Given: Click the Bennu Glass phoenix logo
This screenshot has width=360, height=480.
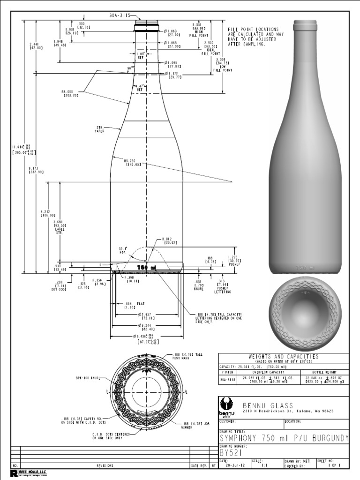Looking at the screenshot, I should (227, 406).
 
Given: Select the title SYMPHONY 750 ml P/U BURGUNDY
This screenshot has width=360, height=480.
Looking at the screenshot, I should (284, 438).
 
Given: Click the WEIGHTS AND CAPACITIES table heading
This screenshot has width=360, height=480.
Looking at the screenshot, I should (284, 357).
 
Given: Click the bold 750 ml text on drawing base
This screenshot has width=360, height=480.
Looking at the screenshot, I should (146, 267).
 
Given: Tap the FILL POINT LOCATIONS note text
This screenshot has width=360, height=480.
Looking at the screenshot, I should (253, 37).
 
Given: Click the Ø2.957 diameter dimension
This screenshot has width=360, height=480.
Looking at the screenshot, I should (146, 316).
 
